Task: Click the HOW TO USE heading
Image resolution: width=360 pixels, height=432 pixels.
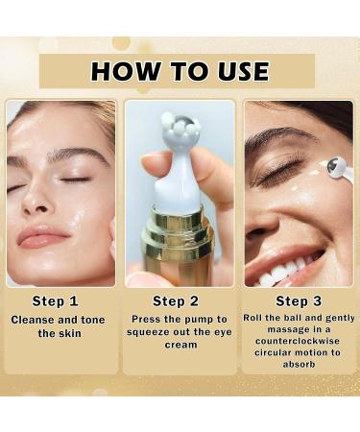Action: pyautogui.click(x=180, y=71)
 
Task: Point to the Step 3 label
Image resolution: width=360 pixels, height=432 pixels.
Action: pyautogui.click(x=300, y=300)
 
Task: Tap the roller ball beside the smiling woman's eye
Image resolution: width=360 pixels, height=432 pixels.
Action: pyautogui.click(x=337, y=169)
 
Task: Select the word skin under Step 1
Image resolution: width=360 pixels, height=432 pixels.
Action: pyautogui.click(x=72, y=334)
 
